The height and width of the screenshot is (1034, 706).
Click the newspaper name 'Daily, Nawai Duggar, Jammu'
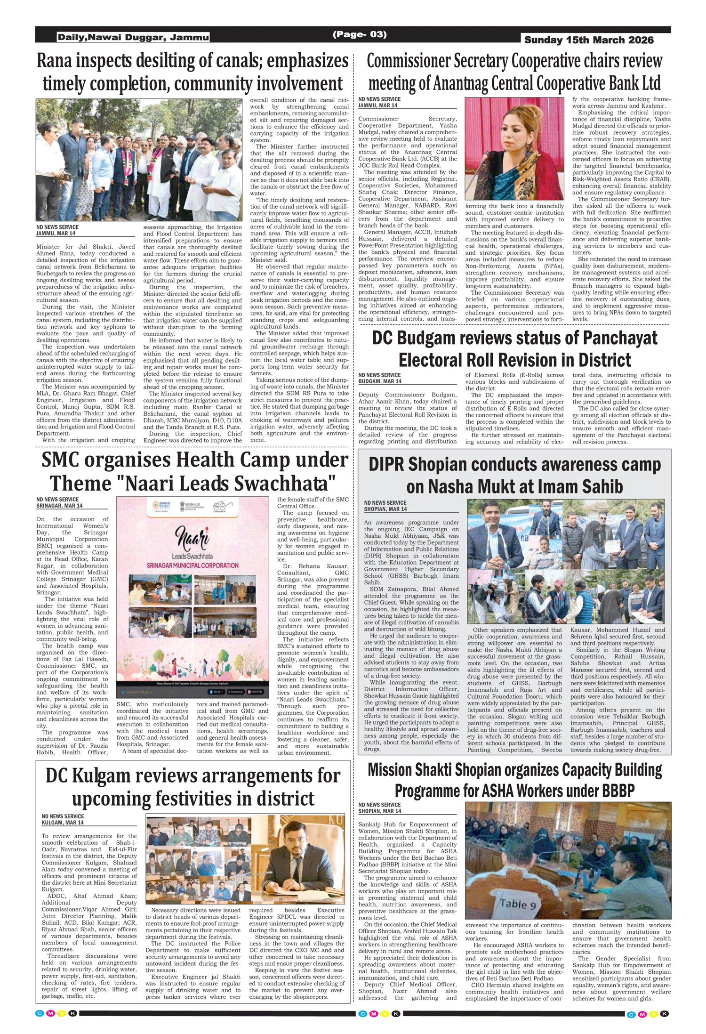(x=133, y=37)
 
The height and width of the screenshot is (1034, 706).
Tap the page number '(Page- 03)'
(x=360, y=34)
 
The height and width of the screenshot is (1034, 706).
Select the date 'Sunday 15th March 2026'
(x=589, y=40)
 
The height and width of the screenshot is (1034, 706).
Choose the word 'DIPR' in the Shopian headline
(x=386, y=464)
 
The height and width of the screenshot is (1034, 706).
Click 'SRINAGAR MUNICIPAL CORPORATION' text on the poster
(x=193, y=565)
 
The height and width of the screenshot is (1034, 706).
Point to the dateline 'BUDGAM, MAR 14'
(x=380, y=381)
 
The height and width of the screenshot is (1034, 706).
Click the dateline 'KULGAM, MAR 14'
(x=63, y=823)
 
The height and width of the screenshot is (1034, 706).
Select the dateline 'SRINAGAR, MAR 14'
(x=59, y=506)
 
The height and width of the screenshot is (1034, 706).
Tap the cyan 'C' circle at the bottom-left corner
(x=40, y=1013)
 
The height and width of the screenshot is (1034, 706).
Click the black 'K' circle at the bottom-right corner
(x=665, y=1013)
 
